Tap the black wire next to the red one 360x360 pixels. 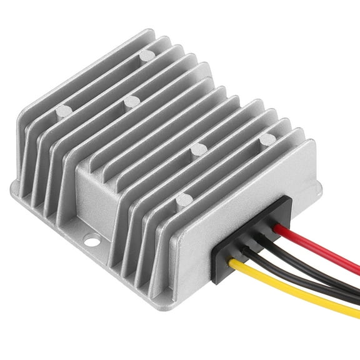319,266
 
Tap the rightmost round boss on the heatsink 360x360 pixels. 267,137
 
